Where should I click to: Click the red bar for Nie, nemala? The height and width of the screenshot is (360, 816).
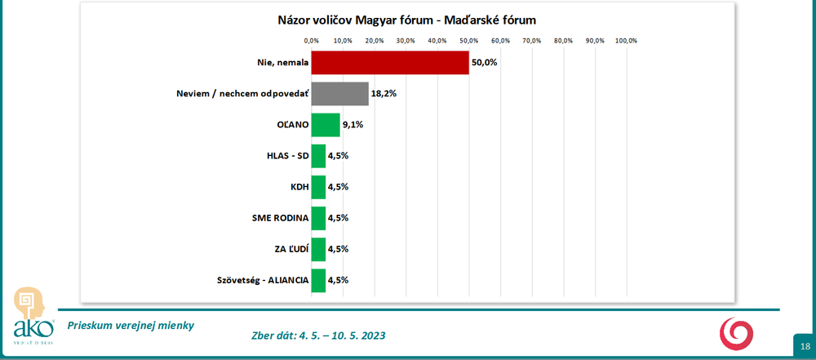(390, 63)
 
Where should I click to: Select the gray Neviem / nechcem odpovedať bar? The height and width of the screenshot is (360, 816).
(339, 94)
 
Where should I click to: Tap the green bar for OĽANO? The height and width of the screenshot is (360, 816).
(325, 125)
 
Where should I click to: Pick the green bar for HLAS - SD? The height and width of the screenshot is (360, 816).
(318, 156)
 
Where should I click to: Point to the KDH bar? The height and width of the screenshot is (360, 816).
(318, 187)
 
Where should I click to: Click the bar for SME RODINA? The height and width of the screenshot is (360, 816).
(318, 218)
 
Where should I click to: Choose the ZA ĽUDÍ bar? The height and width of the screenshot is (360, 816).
(318, 249)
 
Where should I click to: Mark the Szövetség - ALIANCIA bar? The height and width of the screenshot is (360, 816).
(318, 280)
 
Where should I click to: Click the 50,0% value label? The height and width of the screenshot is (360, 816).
(485, 63)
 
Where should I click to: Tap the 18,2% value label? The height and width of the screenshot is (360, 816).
(384, 94)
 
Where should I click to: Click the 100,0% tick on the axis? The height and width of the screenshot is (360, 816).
(626, 40)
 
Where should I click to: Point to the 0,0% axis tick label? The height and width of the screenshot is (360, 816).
(311, 40)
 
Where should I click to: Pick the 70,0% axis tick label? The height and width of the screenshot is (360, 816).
(532, 40)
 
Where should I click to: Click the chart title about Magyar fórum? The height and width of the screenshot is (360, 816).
(400, 20)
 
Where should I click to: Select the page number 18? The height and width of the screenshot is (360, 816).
(805, 347)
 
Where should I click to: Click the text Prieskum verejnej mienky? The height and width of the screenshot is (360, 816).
(131, 324)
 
